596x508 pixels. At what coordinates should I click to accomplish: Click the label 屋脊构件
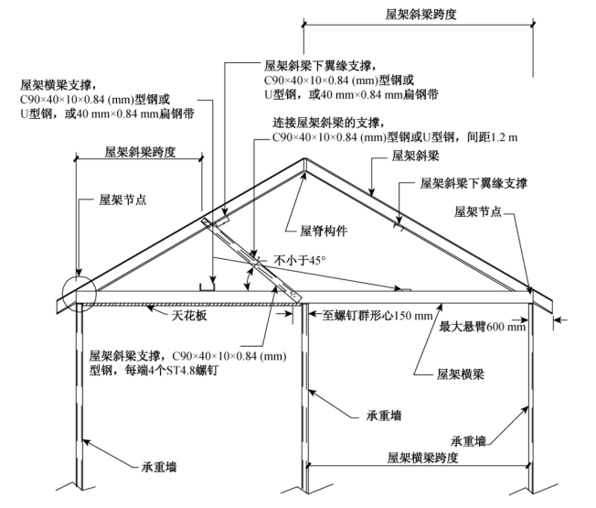[324, 231]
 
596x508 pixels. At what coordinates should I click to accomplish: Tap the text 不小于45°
[300, 260]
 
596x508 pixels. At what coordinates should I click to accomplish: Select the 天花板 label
[189, 315]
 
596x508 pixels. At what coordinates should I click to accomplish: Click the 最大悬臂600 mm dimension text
[483, 327]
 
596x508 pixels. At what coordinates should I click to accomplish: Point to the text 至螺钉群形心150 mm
[378, 315]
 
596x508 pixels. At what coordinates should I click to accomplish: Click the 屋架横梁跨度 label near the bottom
[422, 458]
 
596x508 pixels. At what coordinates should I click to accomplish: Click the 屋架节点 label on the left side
[122, 199]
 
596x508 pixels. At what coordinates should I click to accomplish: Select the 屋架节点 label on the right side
[478, 211]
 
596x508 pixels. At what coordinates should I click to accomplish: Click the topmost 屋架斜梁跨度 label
[420, 14]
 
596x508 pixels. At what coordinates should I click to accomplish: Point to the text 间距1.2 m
[492, 136]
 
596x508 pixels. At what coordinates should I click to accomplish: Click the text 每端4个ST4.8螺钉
[172, 370]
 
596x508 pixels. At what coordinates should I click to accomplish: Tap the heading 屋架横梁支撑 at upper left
[56, 85]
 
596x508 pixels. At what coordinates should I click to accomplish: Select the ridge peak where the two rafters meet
[304, 158]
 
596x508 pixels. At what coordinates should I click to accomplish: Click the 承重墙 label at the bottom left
[159, 467]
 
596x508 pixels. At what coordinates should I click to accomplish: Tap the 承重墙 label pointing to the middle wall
[384, 416]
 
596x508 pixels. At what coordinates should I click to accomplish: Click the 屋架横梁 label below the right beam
[461, 374]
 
